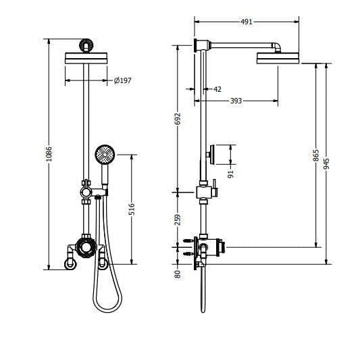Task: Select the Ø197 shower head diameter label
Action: point(122,81)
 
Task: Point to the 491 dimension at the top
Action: point(247,22)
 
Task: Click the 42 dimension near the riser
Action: point(217,89)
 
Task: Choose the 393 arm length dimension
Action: point(234,101)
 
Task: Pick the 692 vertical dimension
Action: point(178,119)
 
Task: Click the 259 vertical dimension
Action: point(178,219)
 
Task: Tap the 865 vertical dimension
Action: point(316,155)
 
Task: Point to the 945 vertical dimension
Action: point(328,164)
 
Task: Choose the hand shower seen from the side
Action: point(213,154)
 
